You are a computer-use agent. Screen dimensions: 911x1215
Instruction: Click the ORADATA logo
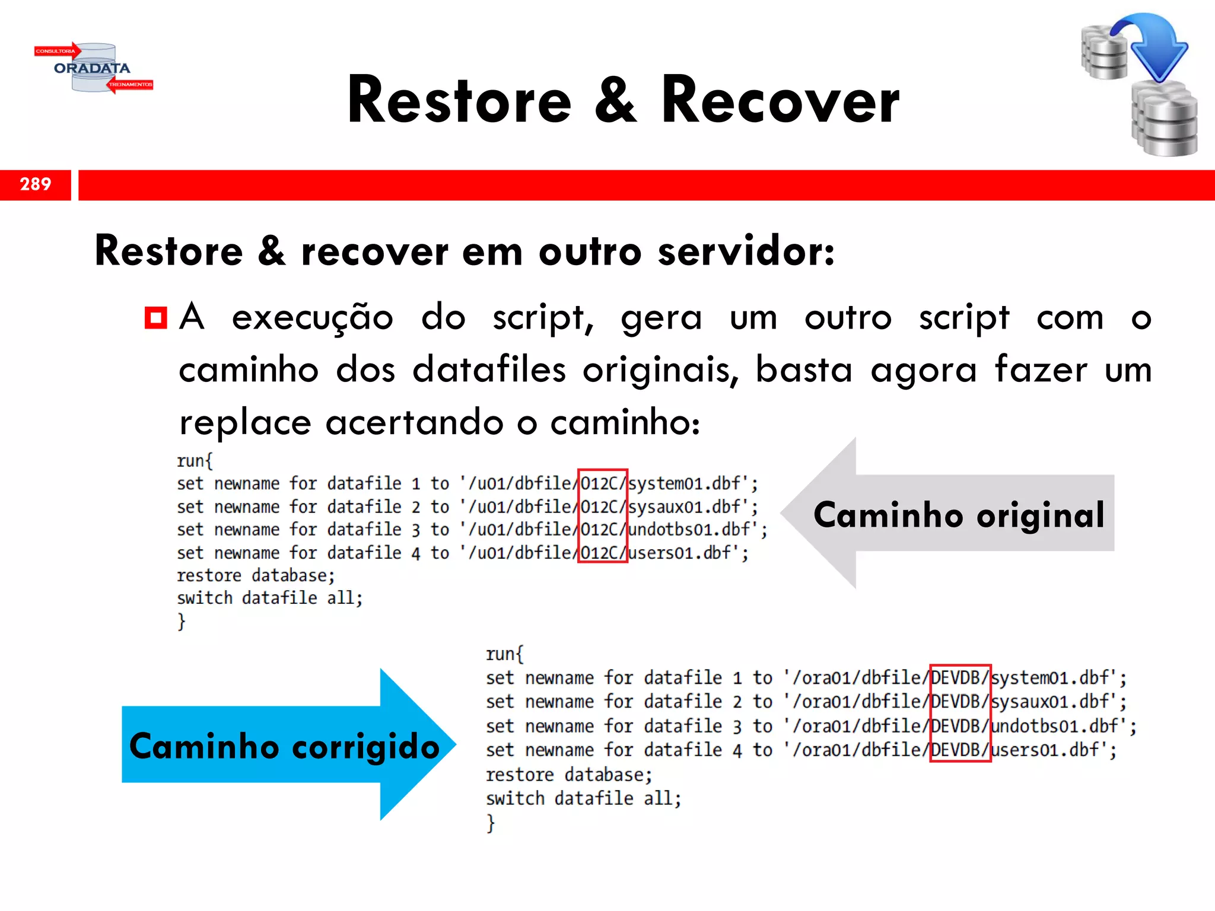93,68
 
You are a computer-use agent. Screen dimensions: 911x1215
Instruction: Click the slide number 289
36,184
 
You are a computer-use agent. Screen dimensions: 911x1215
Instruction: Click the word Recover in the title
780,101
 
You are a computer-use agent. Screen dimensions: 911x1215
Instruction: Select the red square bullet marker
156,318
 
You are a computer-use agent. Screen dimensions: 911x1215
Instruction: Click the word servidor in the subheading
746,251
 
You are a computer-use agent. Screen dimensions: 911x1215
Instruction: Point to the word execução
312,318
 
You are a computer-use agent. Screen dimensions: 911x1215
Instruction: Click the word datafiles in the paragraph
489,370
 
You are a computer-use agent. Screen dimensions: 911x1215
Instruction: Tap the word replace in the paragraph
245,423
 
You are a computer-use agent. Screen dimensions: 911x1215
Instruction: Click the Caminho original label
959,514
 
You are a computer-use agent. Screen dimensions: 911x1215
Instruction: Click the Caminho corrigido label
284,746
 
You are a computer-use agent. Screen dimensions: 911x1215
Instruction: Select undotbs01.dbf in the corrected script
1054,726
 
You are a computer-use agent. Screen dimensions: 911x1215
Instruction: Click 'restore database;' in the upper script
256,575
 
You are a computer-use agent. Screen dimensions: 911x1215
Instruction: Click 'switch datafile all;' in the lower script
583,798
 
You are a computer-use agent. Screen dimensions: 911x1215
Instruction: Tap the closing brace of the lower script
491,823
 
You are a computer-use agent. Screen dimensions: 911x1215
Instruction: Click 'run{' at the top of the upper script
195,461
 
